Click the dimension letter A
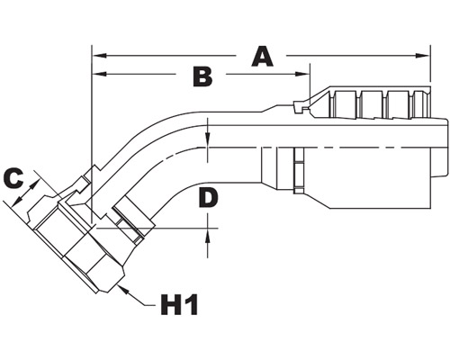click(263, 57)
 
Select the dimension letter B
click(202, 76)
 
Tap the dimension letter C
click(13, 178)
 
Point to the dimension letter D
click(209, 198)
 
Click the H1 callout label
click(179, 304)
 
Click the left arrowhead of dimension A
click(100, 56)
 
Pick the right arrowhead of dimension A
click(422, 56)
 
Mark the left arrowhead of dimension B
click(100, 74)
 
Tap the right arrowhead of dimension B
click(302, 74)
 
